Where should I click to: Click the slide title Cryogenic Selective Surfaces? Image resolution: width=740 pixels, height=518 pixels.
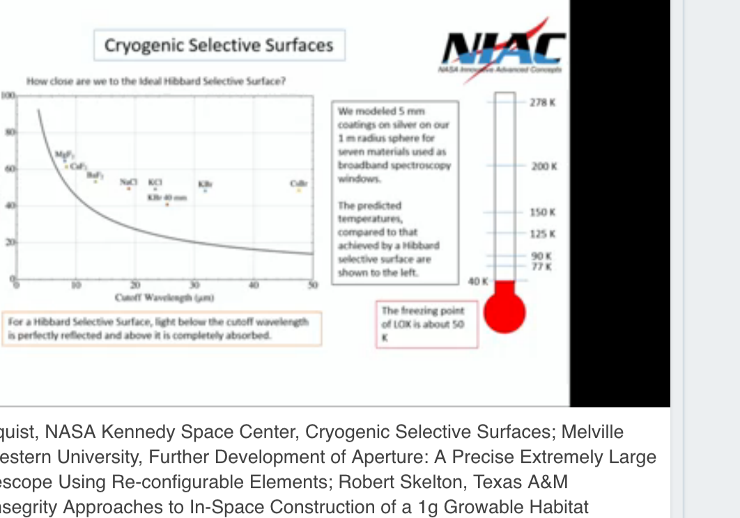click(219, 45)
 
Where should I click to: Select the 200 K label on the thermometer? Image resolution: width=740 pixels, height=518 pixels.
click(544, 167)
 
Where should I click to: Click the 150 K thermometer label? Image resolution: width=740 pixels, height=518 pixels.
click(544, 212)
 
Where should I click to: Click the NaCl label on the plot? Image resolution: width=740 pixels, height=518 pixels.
click(128, 182)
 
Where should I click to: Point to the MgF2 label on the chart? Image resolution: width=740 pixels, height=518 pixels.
click(63, 154)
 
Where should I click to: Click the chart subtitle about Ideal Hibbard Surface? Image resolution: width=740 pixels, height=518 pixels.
click(156, 81)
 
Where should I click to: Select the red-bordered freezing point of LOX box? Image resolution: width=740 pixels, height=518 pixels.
click(426, 324)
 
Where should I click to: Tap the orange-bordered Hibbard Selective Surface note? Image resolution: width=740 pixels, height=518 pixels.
click(162, 329)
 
